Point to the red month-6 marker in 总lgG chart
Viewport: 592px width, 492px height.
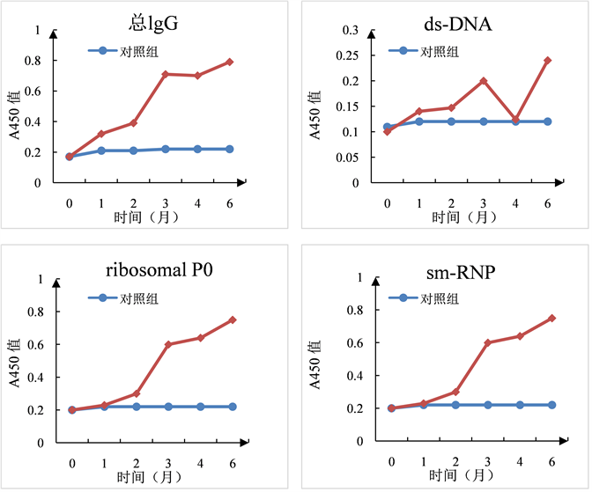229,62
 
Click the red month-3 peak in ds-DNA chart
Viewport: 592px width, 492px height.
483,81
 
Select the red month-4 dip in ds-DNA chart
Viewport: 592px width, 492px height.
515,119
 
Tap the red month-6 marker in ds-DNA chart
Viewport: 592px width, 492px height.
547,61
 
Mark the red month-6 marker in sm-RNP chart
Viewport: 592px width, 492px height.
552,318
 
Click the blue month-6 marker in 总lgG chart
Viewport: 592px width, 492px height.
229,149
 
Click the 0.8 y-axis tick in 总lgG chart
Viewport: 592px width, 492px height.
33,62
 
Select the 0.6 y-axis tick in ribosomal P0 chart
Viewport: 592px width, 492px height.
33,344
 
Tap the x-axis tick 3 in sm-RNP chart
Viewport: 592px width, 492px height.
488,460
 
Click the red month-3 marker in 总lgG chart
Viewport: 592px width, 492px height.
165,74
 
